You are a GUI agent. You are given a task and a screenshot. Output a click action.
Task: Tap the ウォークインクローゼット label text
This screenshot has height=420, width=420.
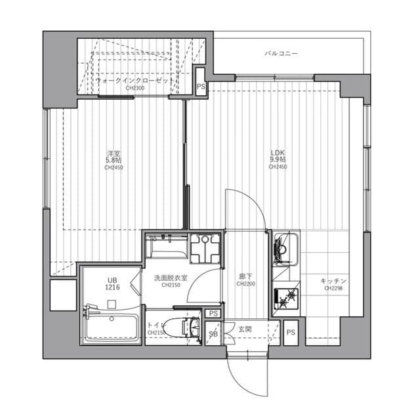point(135,79)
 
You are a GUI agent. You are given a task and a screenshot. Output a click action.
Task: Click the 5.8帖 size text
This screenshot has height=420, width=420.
point(114,159)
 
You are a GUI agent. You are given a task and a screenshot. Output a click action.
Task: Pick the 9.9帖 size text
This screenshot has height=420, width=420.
point(278,159)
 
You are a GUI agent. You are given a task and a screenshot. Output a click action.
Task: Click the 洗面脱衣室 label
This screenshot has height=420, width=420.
point(171,278)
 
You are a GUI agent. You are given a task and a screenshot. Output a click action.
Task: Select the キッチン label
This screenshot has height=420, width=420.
point(333,280)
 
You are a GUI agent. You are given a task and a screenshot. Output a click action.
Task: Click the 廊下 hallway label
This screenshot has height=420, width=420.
point(245,277)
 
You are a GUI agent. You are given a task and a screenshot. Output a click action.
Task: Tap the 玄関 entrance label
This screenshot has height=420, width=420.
point(245,328)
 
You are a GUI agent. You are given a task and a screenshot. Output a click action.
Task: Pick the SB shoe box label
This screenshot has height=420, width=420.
point(213,334)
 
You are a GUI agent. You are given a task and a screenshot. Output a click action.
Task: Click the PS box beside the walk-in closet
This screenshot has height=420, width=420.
point(201,86)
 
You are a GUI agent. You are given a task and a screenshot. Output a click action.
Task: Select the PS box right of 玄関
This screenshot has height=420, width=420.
point(291,332)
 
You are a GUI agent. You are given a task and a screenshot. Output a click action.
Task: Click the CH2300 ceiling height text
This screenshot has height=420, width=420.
point(135,88)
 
